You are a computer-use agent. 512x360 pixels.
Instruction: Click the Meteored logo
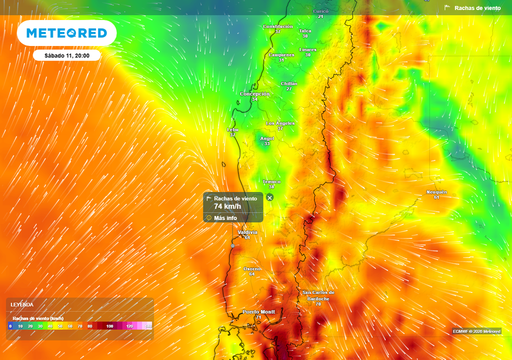[x=66, y=33]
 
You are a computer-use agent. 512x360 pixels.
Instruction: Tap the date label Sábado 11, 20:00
[x=66, y=55]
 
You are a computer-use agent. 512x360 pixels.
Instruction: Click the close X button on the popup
[x=270, y=197]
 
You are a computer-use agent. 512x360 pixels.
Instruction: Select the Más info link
[x=225, y=218]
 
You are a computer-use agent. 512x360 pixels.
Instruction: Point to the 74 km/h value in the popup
[x=227, y=206]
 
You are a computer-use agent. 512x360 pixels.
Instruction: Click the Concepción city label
[x=254, y=94]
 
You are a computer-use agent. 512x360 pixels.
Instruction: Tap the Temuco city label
[x=271, y=182]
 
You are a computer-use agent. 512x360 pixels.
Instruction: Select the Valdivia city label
[x=247, y=232]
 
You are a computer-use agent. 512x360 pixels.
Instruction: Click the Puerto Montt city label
[x=258, y=312]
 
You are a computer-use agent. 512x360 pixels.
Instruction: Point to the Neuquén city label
[x=436, y=192]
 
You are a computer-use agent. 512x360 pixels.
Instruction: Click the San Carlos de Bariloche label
[x=318, y=295]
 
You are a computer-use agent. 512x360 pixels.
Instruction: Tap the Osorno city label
[x=252, y=269]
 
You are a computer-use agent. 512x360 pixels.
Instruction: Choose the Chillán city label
[x=289, y=84]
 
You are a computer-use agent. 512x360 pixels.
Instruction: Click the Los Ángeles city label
[x=280, y=123]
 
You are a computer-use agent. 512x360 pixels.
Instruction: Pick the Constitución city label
[x=278, y=26]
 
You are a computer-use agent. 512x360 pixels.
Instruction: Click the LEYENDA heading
[x=22, y=304]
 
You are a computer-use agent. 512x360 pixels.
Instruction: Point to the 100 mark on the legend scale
[x=109, y=326]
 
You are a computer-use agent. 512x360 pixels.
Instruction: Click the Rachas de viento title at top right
[x=477, y=8]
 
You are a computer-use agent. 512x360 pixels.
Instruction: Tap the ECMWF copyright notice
[x=476, y=331]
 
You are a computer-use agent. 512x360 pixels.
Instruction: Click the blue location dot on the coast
[x=232, y=245]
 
